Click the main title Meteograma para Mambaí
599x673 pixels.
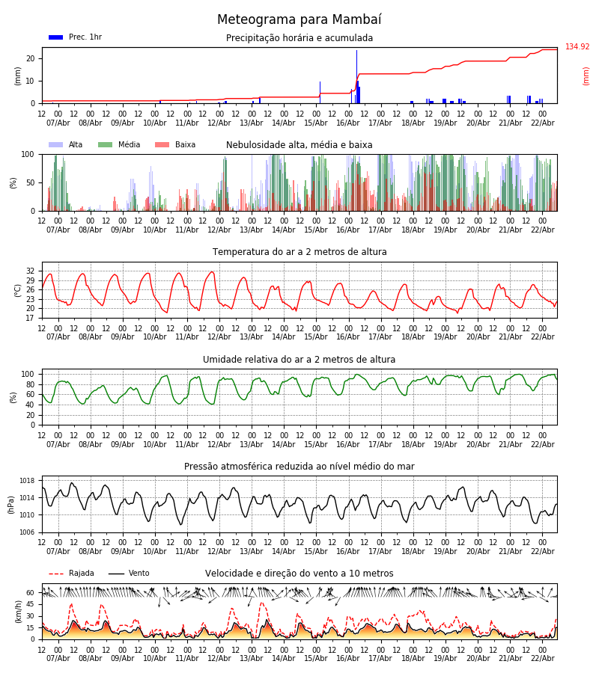pyautogui.click(x=299, y=20)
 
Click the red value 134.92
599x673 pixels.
pyautogui.click(x=577, y=47)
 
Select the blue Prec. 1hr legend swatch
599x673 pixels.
pyautogui.click(x=55, y=37)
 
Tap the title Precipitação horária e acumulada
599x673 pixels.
pyautogui.click(x=299, y=38)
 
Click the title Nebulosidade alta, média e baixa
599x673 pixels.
pyautogui.click(x=299, y=145)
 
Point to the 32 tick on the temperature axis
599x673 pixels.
pyautogui.click(x=31, y=271)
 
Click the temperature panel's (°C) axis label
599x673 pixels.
pyautogui.click(x=18, y=290)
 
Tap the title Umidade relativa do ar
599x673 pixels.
pyautogui.click(x=299, y=360)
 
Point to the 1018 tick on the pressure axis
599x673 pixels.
pyautogui.click(x=27, y=481)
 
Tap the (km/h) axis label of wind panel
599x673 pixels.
pyautogui.click(x=18, y=611)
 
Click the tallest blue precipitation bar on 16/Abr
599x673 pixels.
pyautogui.click(x=356, y=75)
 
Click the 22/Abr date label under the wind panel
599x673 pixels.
pyautogui.click(x=542, y=658)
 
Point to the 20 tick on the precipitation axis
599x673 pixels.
pyautogui.click(x=31, y=58)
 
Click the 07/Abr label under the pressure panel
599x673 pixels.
pyautogui.click(x=58, y=551)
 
